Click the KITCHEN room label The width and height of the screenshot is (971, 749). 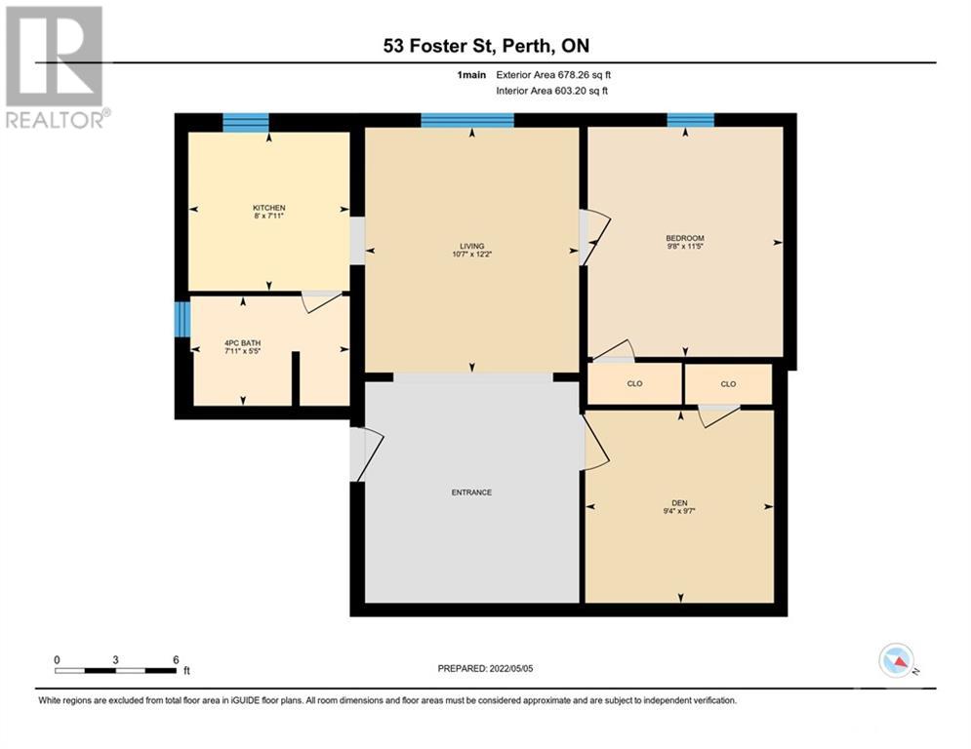pos(268,208)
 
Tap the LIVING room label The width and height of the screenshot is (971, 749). pos(472,246)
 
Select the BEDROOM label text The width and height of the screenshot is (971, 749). pos(685,238)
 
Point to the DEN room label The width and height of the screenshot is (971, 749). pos(679,503)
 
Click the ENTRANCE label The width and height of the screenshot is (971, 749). pos(471,493)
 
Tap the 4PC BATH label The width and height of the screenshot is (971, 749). pos(242,343)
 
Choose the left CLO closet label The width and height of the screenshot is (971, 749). pos(634,384)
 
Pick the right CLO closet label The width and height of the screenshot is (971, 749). pos(728,384)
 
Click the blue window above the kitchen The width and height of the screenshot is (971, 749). pos(246,123)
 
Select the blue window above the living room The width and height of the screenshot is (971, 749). pos(467,120)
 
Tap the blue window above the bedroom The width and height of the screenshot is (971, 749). pos(691,120)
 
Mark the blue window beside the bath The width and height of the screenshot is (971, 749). pos(182,320)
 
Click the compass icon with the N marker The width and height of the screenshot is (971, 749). pos(897,660)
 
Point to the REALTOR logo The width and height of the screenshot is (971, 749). pos(57,67)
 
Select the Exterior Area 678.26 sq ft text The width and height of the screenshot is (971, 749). pos(553,75)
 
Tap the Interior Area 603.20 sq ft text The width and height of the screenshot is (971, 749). pos(551,91)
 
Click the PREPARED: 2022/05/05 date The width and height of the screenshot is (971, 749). pos(485,668)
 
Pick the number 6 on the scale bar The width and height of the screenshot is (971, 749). pos(176,660)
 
